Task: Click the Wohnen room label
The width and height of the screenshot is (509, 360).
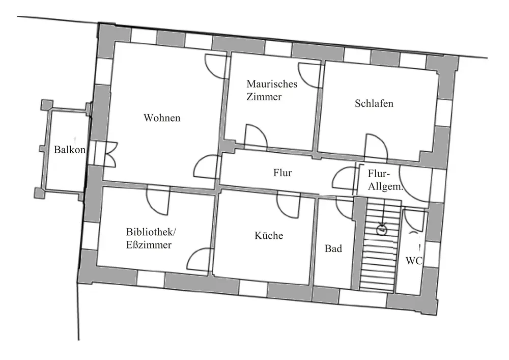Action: pos(162,118)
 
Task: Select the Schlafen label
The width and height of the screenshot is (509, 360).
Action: pos(374,103)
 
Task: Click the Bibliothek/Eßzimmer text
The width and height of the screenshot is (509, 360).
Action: pos(151,238)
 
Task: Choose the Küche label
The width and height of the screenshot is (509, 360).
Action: pos(269,236)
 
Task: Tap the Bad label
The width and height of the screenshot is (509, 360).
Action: pos(333,249)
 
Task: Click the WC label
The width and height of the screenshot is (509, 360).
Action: pos(413,261)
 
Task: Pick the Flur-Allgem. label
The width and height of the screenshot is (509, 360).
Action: pos(385,180)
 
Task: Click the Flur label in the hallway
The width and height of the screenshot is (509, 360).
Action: pos(282,173)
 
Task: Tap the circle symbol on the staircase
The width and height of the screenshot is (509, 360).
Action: pos(381,230)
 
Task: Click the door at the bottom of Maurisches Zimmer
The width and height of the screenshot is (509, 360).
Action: pos(256,136)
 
